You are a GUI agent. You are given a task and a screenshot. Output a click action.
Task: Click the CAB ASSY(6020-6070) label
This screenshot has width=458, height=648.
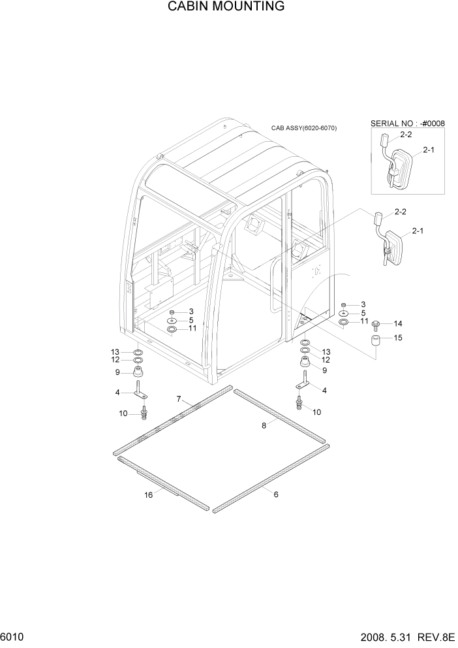pyautogui.click(x=304, y=128)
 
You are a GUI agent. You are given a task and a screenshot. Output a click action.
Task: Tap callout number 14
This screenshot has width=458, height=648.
pyautogui.click(x=398, y=323)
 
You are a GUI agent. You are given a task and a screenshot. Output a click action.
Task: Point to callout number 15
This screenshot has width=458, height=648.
pyautogui.click(x=398, y=338)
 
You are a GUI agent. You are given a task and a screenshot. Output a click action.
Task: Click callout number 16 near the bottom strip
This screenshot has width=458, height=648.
pyautogui.click(x=148, y=495)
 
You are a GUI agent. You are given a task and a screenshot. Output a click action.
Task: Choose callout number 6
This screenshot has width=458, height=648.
pyautogui.click(x=276, y=494)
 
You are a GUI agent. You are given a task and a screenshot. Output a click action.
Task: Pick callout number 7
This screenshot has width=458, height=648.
pyautogui.click(x=178, y=398)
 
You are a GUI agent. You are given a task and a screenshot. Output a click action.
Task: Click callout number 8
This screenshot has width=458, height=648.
pyautogui.click(x=264, y=425)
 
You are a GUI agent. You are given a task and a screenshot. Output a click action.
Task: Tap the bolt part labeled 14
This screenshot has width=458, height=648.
pyautogui.click(x=377, y=324)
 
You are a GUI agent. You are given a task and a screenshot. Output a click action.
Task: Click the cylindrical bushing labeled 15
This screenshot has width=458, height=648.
pyautogui.click(x=376, y=342)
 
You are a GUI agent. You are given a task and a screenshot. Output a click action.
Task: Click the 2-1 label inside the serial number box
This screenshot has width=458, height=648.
pyautogui.click(x=429, y=150)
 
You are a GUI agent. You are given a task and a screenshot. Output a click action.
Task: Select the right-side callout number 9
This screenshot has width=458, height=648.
pyautogui.click(x=325, y=370)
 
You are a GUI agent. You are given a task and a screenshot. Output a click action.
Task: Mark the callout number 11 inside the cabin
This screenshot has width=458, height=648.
pyautogui.click(x=192, y=329)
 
